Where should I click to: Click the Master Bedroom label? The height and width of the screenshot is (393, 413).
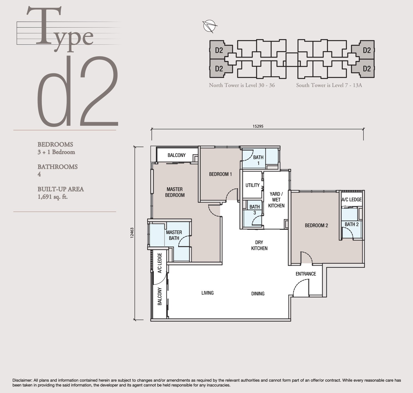click(x=175, y=192)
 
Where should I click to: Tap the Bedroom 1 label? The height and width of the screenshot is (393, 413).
click(x=220, y=174)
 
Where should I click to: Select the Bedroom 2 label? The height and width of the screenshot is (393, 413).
click(x=316, y=226)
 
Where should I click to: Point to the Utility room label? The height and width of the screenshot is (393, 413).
click(x=252, y=185)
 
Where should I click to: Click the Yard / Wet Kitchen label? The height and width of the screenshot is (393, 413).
click(x=276, y=200)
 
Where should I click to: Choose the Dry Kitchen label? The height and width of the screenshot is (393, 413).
click(x=259, y=245)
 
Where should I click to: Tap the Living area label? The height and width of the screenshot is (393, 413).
click(x=207, y=293)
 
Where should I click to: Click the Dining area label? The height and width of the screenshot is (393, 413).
click(x=258, y=294)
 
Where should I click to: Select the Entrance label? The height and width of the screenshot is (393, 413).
click(x=306, y=274)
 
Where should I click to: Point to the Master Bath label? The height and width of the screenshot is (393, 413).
click(x=174, y=235)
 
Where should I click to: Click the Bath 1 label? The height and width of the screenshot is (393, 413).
click(x=258, y=160)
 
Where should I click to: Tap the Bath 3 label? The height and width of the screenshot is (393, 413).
click(x=254, y=210)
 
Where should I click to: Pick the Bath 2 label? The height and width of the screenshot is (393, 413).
click(x=352, y=224)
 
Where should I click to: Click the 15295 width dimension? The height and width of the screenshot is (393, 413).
click(x=258, y=126)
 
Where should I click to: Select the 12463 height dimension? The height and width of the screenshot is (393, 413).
click(x=132, y=232)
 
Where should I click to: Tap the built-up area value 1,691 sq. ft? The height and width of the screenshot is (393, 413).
click(x=53, y=197)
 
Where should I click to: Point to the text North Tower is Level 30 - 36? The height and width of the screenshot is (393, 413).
click(x=242, y=85)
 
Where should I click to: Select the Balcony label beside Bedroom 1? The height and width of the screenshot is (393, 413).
click(x=176, y=155)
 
